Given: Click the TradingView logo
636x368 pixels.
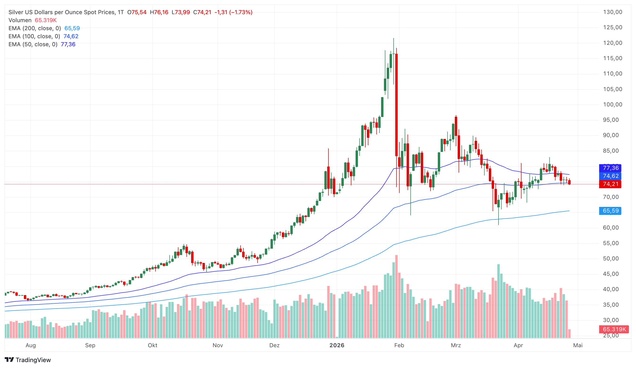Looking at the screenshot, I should pos(28,360).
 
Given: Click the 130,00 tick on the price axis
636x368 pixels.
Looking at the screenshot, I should pos(613,12).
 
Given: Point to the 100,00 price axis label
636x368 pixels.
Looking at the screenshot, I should pos(613,105).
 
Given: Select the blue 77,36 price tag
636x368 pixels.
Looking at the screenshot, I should pos(610,168).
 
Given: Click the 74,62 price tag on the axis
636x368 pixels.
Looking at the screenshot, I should pos(610,176).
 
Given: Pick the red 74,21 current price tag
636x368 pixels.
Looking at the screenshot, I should pos(610,184).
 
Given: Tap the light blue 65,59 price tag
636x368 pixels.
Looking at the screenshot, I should pos(610,211).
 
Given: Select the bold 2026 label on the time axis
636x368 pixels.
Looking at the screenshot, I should pos(337,345).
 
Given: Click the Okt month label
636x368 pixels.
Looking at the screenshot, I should pos(152,345).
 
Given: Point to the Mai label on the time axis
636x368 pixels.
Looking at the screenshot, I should pos(578,345).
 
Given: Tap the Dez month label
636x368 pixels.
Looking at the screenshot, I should pos(274,345).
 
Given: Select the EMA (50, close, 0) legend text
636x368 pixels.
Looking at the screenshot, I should pos(33,44).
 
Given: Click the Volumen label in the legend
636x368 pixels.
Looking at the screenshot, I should pos(20,20).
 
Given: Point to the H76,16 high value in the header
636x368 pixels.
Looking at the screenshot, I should pos(159,12).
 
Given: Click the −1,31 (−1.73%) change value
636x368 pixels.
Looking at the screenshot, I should pos(233,12).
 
